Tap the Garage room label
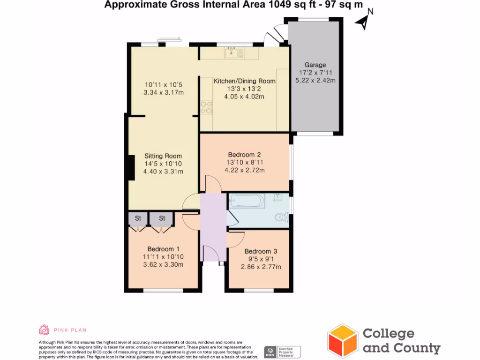tap(315, 65)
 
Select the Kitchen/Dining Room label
tap(244, 81)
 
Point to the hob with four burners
tap(206, 108)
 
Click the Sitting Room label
tap(163, 156)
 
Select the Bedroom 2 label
tap(244, 155)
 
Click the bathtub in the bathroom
tap(247, 201)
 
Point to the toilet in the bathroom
tap(282, 217)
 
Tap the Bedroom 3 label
tap(261, 251)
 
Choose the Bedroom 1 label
tap(163, 249)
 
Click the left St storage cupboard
tap(138, 218)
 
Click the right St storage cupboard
tap(162, 218)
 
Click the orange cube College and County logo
tap(343, 341)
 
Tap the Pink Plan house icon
tap(44, 330)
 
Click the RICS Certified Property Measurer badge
tap(282, 352)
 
